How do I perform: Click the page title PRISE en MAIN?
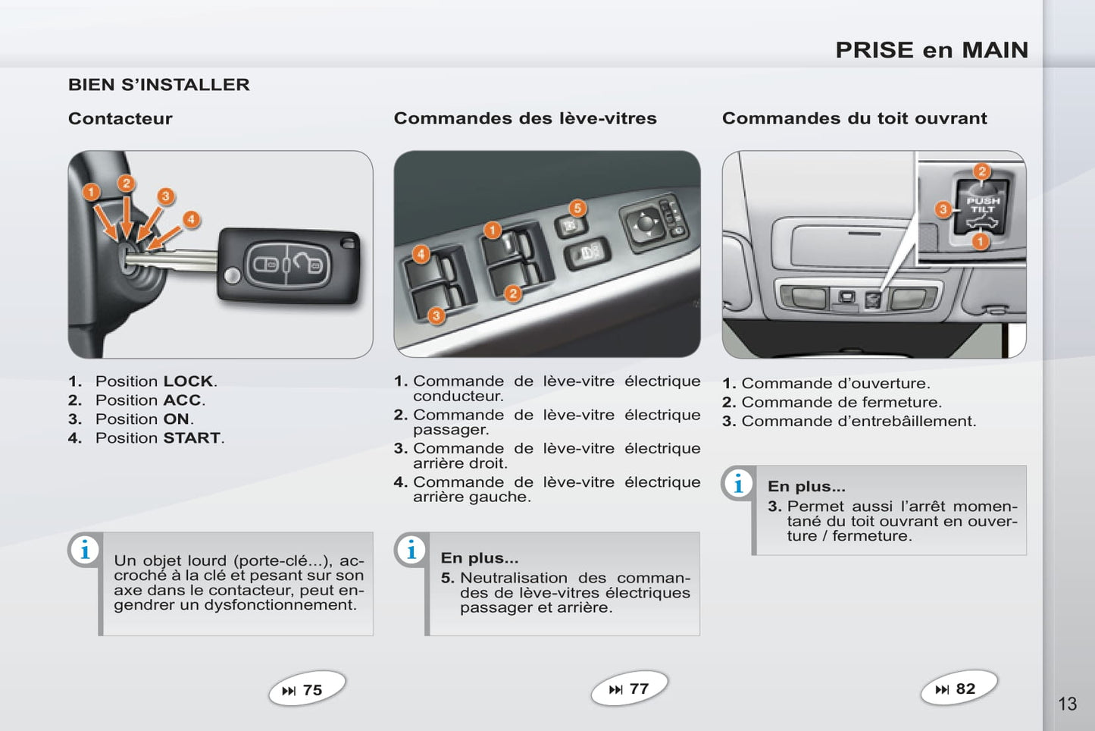click(932, 50)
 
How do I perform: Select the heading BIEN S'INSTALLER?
click(159, 85)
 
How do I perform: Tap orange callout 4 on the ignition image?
click(191, 219)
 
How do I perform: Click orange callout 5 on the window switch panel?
click(577, 209)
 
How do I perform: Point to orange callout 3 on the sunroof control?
click(943, 210)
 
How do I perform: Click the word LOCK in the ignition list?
click(188, 381)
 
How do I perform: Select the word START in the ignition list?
click(192, 438)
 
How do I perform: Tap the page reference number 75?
click(312, 690)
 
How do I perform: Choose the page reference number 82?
click(965, 689)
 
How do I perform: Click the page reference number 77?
click(639, 689)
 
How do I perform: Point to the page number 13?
click(1067, 704)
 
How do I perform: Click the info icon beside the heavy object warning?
click(85, 550)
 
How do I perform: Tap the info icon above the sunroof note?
click(738, 484)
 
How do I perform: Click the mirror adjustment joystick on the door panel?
click(645, 223)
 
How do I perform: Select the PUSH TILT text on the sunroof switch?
click(983, 205)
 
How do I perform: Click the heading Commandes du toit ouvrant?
click(855, 118)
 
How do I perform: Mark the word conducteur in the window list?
click(458, 396)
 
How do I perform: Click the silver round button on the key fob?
click(232, 275)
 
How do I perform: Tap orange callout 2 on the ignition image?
click(126, 183)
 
